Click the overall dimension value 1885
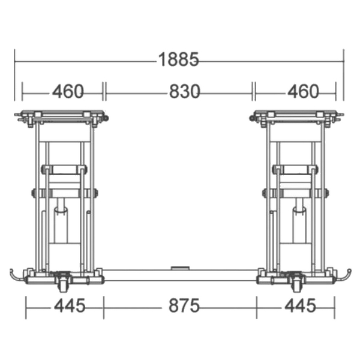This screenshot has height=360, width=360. [x=179, y=59]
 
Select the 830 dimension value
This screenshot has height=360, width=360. [x=185, y=91]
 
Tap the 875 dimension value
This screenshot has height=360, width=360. [x=184, y=305]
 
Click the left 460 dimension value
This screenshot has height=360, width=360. [x=68, y=91]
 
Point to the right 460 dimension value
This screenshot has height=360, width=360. [x=303, y=91]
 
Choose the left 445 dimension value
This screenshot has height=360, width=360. [x=70, y=305]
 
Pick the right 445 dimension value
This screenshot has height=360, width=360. [x=301, y=305]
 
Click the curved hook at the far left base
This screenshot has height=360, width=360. [x=14, y=276]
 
